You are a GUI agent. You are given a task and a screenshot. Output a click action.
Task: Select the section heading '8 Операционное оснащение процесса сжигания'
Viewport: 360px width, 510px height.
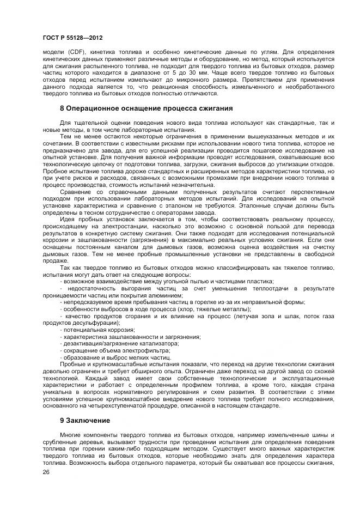click(x=146, y=108)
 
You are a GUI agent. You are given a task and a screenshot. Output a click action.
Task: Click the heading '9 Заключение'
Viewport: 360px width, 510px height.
click(x=85, y=421)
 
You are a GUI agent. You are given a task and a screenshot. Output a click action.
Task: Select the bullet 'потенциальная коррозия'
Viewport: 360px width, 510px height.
click(x=90, y=330)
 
